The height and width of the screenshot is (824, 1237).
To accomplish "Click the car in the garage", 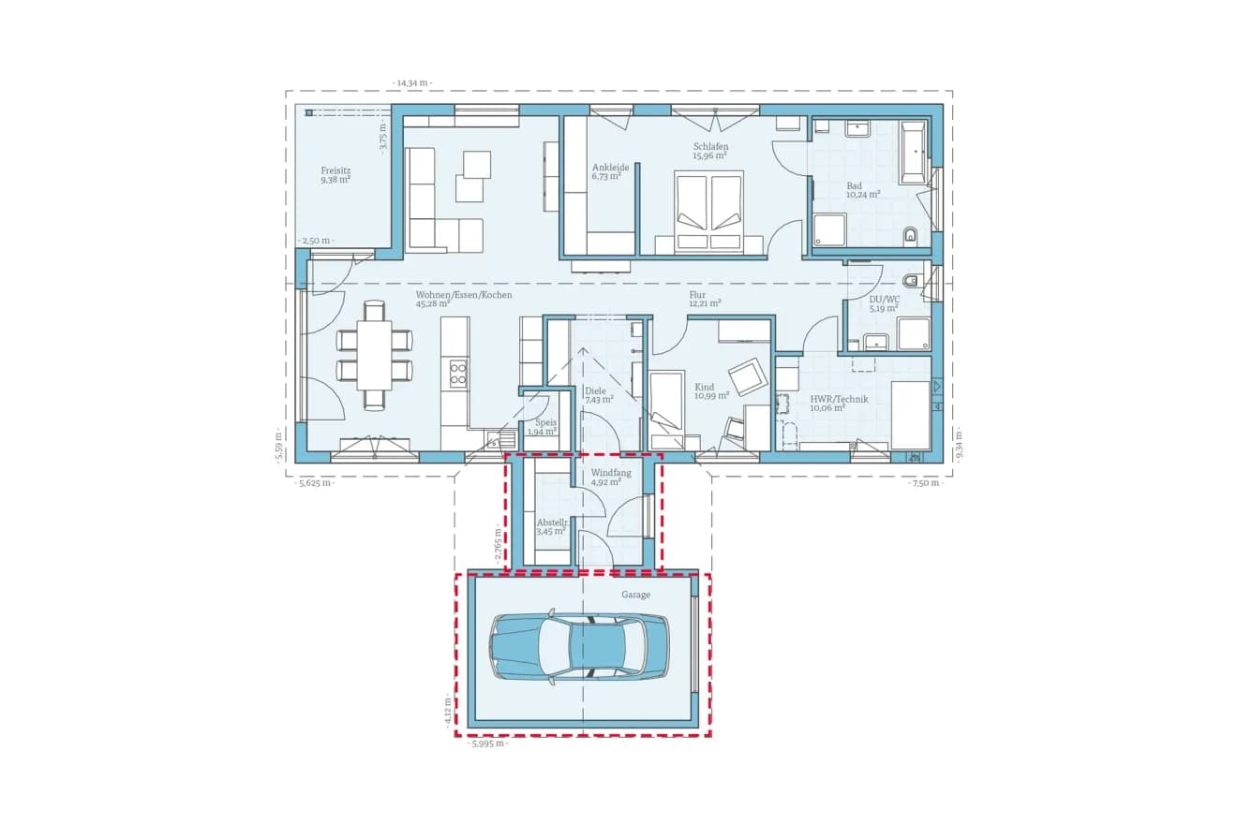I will tap(579, 646).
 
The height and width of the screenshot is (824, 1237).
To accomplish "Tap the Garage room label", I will tap(635, 595).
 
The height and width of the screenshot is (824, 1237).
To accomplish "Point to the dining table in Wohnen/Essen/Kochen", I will tap(375, 356).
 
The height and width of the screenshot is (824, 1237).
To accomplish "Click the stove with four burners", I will tap(458, 374).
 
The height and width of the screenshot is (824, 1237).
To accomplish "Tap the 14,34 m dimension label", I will tap(412, 83).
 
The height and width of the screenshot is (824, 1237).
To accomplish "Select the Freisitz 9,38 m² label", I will tap(335, 175).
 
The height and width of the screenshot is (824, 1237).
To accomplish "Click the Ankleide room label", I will tap(610, 172).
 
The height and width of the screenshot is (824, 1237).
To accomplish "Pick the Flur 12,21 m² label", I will tap(705, 299).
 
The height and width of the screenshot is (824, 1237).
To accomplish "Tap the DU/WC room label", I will tap(883, 302).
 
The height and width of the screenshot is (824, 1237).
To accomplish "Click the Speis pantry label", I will tap(544, 427).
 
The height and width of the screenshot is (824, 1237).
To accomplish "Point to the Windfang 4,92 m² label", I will tap(610, 478).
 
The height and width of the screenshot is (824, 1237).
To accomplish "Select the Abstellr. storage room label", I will tap(552, 527).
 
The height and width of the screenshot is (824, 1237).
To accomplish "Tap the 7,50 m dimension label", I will tap(926, 483).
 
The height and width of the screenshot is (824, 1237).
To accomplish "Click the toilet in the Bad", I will tap(910, 235).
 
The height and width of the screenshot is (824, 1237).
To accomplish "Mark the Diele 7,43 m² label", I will tap(597, 395).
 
